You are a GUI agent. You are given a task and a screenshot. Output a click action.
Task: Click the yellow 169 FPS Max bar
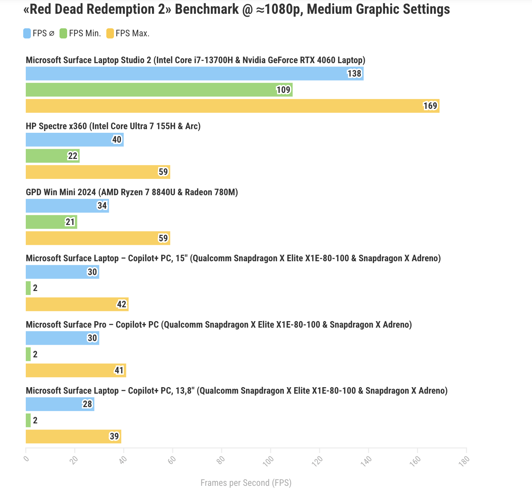232,106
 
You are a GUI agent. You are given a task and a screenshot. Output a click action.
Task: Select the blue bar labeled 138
195,74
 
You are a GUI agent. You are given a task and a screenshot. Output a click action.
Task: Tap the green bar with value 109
159,90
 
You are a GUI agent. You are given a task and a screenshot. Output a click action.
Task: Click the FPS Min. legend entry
81,33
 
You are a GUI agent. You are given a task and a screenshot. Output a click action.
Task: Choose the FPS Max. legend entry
128,33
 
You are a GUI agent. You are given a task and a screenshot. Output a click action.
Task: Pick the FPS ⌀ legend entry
39,33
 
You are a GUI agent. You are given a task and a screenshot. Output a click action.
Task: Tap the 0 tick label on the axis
26,459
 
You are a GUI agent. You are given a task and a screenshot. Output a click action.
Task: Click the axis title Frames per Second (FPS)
246,483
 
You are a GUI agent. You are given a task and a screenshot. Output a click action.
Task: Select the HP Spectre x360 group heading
113,126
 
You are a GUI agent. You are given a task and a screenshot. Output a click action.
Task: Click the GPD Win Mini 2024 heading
132,192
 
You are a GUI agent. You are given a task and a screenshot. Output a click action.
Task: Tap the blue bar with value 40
74,140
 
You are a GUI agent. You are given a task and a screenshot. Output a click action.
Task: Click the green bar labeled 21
51,222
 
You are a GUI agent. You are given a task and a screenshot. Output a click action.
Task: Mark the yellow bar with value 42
77,304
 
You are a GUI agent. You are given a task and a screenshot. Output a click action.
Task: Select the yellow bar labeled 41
75,370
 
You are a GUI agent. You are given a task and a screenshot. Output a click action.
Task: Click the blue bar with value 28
60,404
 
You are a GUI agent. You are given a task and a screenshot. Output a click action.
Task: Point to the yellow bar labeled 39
73,436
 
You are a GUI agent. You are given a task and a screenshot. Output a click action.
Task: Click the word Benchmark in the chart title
207,9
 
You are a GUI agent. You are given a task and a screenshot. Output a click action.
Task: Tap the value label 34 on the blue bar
102,206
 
